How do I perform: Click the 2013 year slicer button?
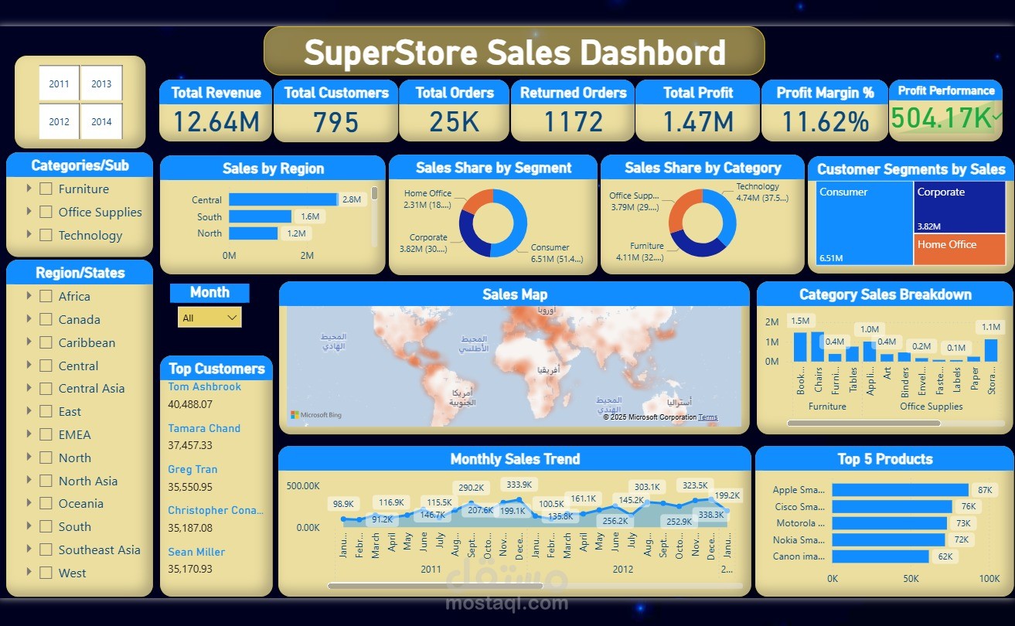pos(101,84)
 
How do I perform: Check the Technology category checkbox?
pos(46,235)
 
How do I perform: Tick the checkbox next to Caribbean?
pos(46,342)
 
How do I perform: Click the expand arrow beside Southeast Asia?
pos(29,549)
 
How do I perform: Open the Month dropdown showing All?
pos(209,318)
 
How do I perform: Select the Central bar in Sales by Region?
pos(283,199)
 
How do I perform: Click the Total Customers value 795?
pos(335,122)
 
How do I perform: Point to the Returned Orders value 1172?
pos(572,122)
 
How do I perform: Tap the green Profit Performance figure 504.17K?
pos(941,118)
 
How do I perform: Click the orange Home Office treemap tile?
pos(959,250)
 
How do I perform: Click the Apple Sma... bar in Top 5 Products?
pos(900,490)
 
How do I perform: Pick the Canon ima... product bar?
pos(880,556)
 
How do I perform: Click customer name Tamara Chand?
pos(204,428)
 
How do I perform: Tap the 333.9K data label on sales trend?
pos(519,485)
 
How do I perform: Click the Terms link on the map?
pos(707,417)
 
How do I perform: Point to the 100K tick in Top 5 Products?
pos(989,579)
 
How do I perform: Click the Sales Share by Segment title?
pos(493,168)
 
